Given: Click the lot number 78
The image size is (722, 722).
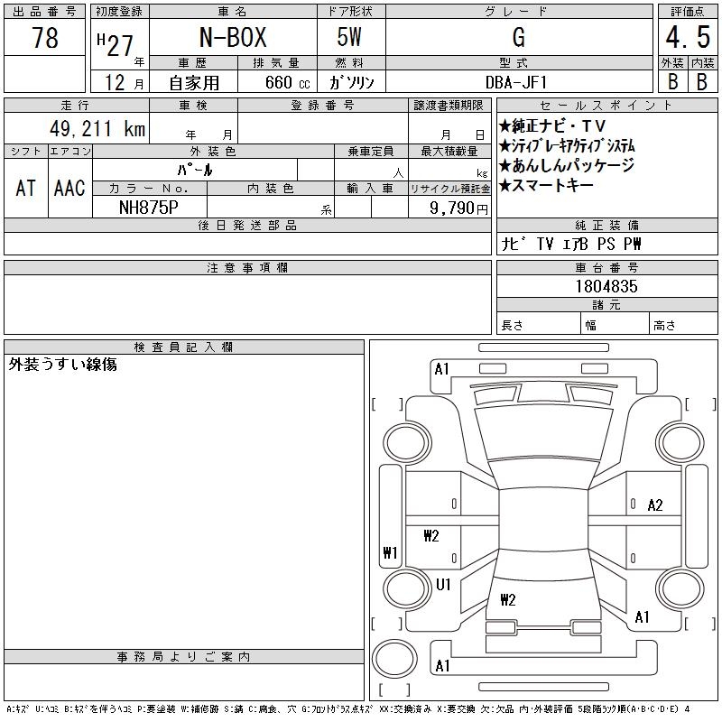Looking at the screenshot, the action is coord(45,37).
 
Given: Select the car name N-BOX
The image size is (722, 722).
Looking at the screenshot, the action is coord(233,37).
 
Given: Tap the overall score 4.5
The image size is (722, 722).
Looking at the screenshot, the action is coord(688,37).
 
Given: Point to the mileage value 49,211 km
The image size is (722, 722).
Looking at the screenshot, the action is coord(97,128).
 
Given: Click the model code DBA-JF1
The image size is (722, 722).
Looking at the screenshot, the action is coord(516,82).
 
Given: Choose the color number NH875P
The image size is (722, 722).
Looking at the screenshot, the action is coord(148,208).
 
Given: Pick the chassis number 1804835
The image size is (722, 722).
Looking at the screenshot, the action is coord(606,286).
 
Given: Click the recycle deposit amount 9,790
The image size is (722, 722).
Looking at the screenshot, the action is coord(452,208).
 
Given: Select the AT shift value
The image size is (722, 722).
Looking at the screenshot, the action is coord(25,188).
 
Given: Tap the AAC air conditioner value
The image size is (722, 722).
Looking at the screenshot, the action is coord(69,188).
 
